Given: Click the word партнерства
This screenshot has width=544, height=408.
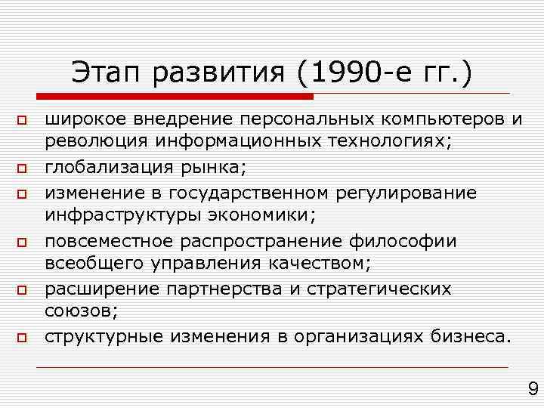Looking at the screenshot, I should (228, 289).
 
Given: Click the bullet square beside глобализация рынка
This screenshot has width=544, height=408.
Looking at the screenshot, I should (23, 168).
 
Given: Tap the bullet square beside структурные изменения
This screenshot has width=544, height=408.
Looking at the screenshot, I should (23, 338).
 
